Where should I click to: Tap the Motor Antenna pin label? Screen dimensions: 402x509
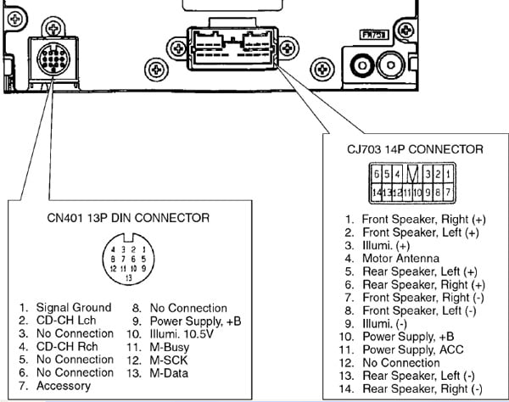[400, 259]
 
